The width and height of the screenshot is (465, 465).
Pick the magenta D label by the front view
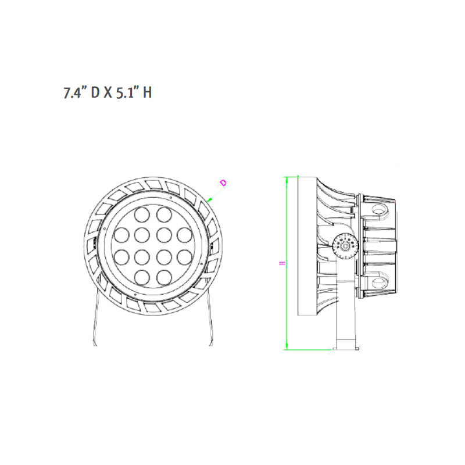(x=223, y=184)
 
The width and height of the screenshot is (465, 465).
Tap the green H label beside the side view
(x=281, y=263)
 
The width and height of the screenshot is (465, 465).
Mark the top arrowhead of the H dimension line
(x=287, y=178)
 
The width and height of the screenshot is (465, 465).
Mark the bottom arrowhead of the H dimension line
(x=287, y=347)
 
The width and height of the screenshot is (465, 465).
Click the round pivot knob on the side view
(x=345, y=246)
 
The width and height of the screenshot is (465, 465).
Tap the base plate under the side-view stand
(x=345, y=349)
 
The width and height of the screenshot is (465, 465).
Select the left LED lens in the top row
(x=142, y=216)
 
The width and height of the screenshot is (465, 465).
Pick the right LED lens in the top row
(x=163, y=216)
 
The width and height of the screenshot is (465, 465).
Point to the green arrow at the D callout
(x=210, y=199)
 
